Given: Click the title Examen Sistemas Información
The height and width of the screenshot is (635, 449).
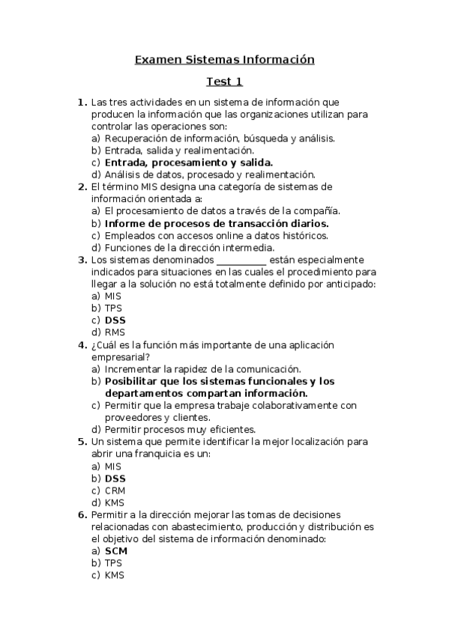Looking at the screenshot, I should tap(224, 59).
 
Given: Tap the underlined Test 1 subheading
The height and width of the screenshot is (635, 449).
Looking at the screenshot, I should tap(224, 82).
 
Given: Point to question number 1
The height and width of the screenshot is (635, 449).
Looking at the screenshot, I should tap(82, 102).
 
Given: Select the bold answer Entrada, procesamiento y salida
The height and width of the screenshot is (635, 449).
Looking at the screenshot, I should tap(188, 162).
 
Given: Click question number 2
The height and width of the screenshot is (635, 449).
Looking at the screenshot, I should tap(82, 186).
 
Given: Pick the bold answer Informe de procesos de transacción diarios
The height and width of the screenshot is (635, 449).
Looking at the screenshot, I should tap(217, 223).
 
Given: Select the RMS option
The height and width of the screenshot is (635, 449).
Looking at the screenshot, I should tap(115, 332).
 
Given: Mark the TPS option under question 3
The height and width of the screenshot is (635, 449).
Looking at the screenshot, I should tap(113, 308).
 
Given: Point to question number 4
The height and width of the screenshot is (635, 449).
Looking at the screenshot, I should tap(82, 344).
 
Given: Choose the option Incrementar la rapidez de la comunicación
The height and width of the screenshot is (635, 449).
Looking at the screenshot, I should tap(202, 368).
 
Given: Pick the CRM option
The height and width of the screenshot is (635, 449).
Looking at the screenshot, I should tap(115, 490).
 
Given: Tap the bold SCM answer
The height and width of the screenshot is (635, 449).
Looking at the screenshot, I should tap(115, 550).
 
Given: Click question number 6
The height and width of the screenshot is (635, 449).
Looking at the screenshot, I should tap(82, 514).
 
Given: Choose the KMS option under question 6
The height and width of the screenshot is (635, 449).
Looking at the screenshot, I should tap(114, 574).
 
